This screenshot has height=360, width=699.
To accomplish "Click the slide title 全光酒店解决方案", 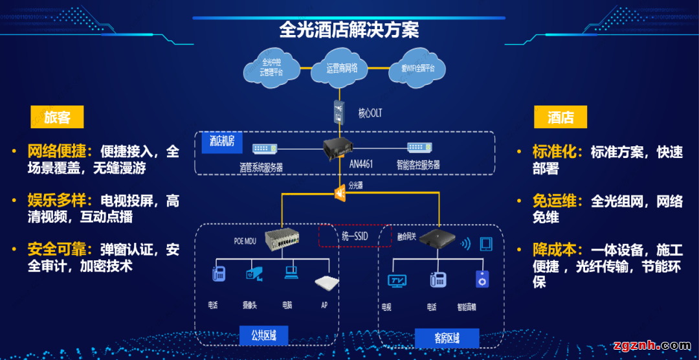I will (349, 30).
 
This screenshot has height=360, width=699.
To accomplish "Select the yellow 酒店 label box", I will (560, 117).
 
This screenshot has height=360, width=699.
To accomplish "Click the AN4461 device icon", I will (342, 148).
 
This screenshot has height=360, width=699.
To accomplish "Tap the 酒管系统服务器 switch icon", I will (265, 149).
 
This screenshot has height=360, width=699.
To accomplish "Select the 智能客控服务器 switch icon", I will (419, 148).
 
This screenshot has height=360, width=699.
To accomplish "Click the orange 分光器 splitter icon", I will (339, 192).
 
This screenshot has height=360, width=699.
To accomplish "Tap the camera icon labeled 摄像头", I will (254, 275).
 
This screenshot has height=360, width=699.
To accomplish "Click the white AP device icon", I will (327, 282).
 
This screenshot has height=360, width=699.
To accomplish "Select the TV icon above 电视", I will (396, 280).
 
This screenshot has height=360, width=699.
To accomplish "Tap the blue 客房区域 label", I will (447, 337).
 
